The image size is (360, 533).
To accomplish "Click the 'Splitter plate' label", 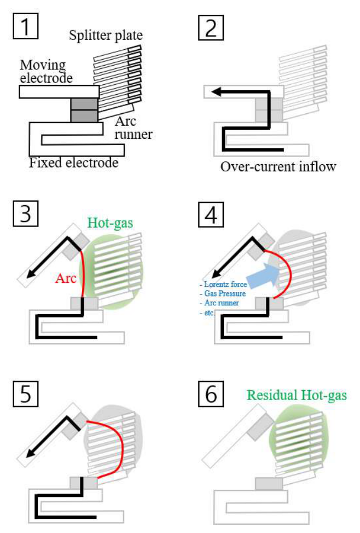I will point(106,37).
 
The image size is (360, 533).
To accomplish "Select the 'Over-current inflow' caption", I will point(278,166).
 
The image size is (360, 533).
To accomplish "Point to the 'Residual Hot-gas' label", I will point(297,395).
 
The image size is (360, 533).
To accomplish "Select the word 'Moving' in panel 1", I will point(42,66).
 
